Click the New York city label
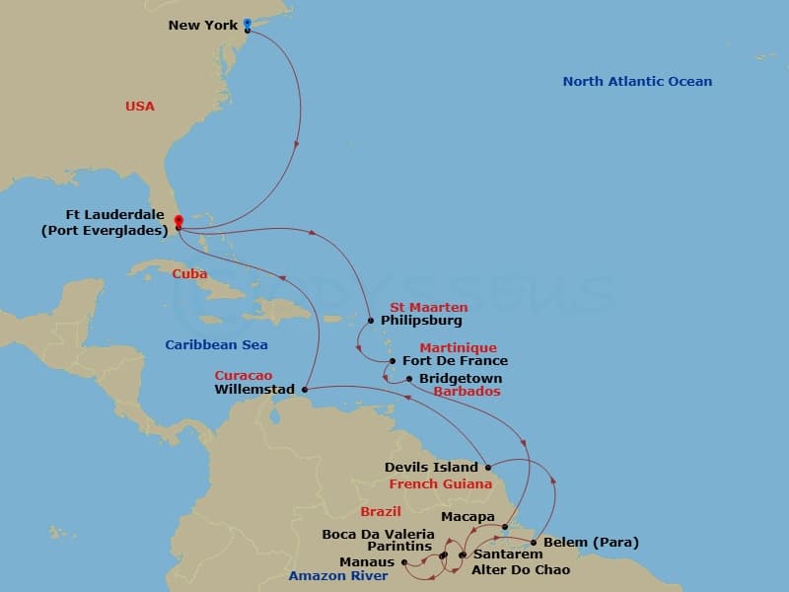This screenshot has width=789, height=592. pyautogui.click(x=203, y=25)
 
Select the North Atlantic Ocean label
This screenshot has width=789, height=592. pyautogui.click(x=637, y=82)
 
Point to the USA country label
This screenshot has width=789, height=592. pyautogui.click(x=140, y=106)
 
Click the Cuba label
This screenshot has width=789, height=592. pyautogui.click(x=189, y=273)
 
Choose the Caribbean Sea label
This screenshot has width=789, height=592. pyautogui.click(x=216, y=345)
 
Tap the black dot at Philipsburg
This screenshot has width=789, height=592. pyautogui.click(x=371, y=320)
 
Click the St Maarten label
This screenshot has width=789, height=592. pyautogui.click(x=429, y=308)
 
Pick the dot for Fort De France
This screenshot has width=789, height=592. pyautogui.click(x=393, y=361)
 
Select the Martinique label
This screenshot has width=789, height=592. pyautogui.click(x=458, y=348)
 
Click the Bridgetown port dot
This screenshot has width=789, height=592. pyautogui.click(x=409, y=378)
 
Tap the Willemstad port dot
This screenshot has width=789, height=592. pyautogui.click(x=304, y=389)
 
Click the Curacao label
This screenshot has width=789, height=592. pyautogui.click(x=244, y=376)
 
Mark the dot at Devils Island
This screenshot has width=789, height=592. pyautogui.click(x=488, y=467)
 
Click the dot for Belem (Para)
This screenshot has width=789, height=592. pyautogui.click(x=534, y=543)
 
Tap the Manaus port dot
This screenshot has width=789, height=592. pyautogui.click(x=404, y=562)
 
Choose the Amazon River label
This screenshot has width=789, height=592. pyautogui.click(x=338, y=575)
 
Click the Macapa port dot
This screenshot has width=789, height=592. pyautogui.click(x=504, y=526)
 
